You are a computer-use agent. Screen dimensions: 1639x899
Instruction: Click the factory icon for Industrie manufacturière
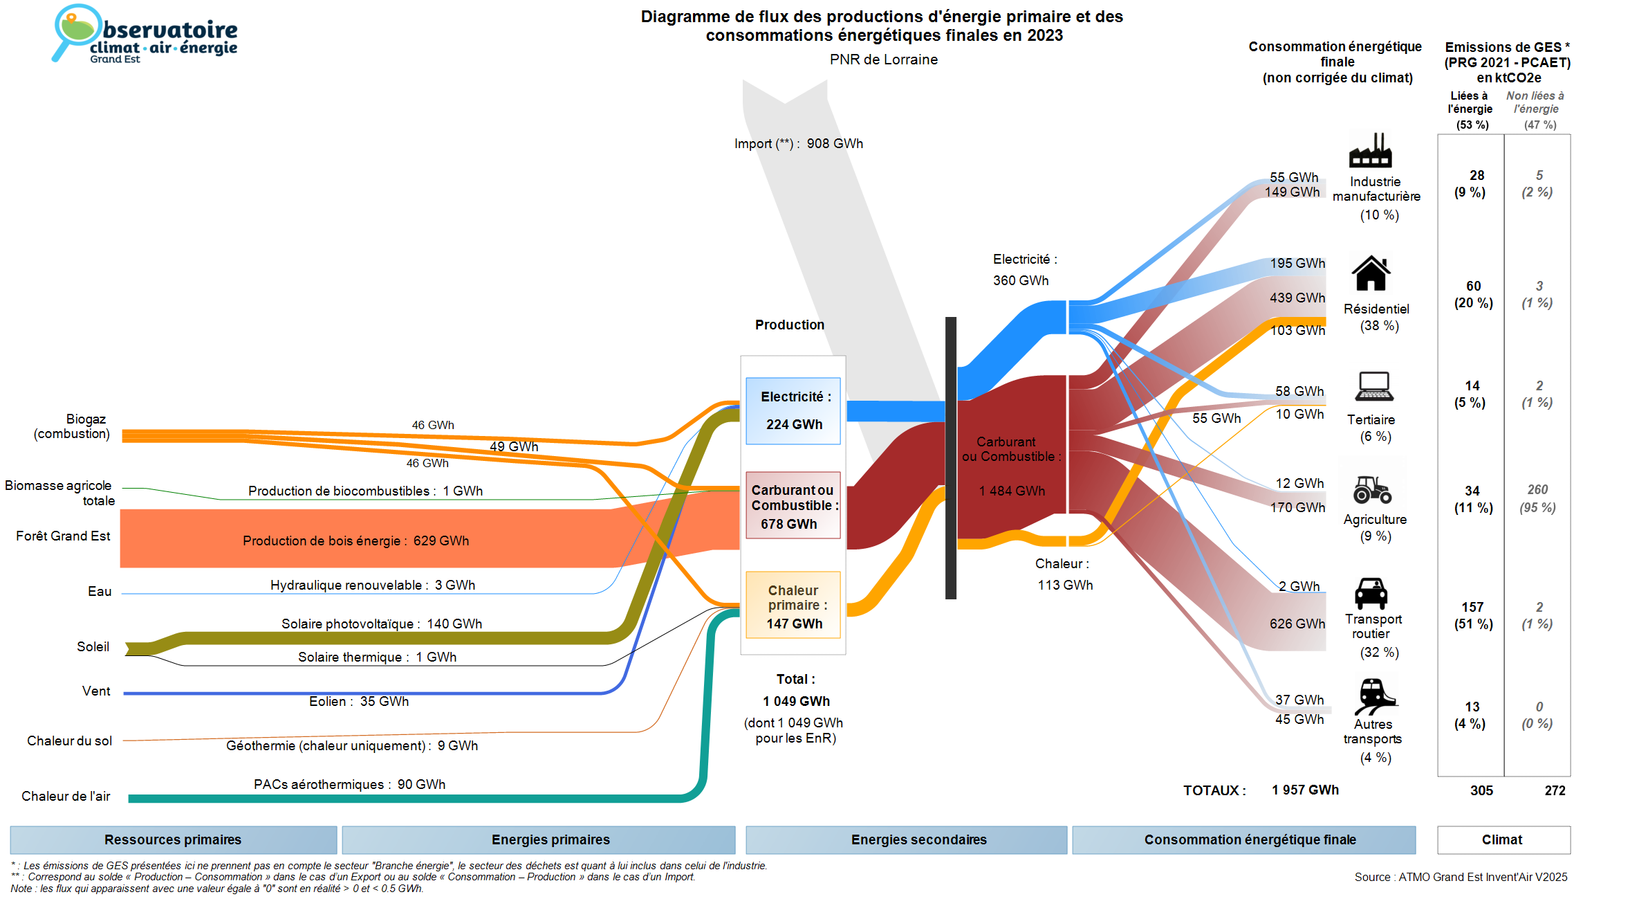(1370, 150)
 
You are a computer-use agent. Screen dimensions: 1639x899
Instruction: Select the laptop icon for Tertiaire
(1374, 386)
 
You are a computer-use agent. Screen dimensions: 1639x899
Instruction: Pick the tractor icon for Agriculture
(1372, 489)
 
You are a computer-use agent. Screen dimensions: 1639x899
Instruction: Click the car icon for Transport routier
(1371, 593)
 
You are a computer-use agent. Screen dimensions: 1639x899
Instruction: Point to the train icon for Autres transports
(1376, 696)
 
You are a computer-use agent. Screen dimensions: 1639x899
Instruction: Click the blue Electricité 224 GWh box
(793, 411)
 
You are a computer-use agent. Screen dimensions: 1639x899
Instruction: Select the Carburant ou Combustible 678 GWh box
(793, 505)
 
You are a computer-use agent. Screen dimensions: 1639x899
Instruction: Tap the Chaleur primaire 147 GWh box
(793, 605)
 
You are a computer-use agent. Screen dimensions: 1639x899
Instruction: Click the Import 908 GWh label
(799, 144)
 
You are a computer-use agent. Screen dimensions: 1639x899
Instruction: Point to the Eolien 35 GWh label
(359, 702)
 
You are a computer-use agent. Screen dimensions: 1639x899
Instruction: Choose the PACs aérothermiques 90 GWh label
(349, 785)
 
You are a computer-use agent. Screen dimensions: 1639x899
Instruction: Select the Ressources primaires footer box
(174, 840)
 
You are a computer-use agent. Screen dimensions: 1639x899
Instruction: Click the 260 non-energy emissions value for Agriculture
(1537, 490)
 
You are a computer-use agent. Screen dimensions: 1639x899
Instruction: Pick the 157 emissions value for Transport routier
(1472, 608)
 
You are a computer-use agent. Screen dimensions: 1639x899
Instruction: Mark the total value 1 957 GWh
(1305, 790)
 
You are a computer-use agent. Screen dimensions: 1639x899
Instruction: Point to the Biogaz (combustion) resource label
(72, 426)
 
